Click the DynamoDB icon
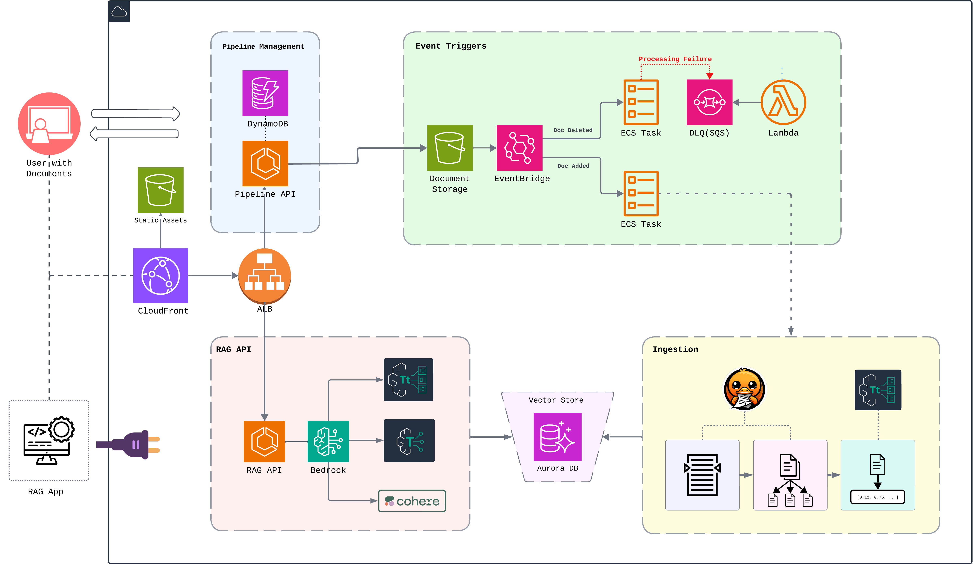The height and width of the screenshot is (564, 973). (265, 93)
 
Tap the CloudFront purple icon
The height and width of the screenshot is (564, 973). (161, 275)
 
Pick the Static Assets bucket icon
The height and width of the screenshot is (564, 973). (161, 190)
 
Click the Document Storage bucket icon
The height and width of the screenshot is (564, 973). (450, 148)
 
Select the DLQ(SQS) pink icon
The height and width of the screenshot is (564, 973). (709, 102)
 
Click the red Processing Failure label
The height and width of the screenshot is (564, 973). (675, 59)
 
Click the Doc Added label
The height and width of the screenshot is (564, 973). (573, 166)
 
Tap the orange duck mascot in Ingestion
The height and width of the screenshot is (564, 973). (744, 389)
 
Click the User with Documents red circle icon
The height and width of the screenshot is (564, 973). (49, 124)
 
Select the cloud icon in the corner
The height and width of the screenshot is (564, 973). (119, 12)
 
